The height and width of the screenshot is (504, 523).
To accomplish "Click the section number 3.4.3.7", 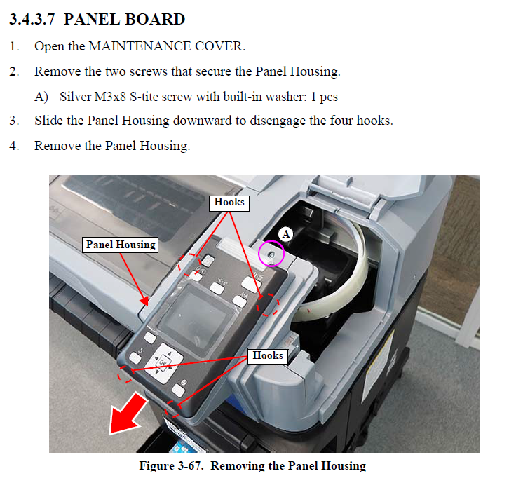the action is pos(32,19).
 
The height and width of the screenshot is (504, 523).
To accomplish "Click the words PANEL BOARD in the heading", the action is pos(124,19).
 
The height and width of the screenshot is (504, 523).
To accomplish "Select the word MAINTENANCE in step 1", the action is pos(140,46).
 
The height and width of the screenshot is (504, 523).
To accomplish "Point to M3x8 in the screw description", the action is pos(110,97).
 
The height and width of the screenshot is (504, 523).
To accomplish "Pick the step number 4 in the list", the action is pos(14,146).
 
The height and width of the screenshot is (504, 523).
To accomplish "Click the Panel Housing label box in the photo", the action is pos(120,245).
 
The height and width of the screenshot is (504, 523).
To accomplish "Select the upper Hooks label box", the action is pos(229,203).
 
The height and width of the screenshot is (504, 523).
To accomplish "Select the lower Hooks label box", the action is pos(268,356).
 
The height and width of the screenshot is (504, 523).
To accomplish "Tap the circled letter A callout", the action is pos(286,234).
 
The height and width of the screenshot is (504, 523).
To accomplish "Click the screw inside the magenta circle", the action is pos(271,255).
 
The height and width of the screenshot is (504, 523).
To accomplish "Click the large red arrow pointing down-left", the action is pos(128,414).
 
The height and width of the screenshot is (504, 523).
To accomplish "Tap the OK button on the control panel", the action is pos(163,363).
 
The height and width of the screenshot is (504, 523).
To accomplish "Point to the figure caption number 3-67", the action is pos(189,465).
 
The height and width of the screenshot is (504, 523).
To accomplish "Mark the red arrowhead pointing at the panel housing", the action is pos(144,300).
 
